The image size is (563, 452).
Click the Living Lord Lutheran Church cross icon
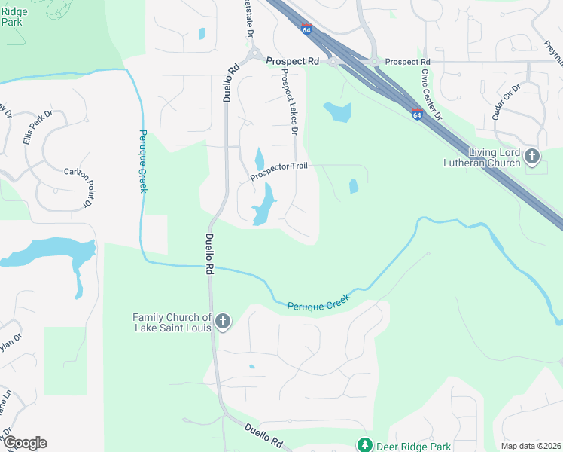532,157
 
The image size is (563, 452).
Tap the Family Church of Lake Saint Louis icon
222,322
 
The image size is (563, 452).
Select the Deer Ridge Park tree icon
365,444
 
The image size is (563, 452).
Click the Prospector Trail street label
280,172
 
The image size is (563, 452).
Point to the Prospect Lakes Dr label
290,102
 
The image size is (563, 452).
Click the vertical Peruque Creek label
143,160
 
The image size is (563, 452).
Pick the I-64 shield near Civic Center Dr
417,114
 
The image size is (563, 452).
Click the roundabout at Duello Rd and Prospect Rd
254,54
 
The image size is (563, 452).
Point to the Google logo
25,443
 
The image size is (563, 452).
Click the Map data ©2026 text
530,446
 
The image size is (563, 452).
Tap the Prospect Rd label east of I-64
407,61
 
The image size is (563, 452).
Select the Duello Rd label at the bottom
263,435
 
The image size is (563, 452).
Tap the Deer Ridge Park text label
410,445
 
